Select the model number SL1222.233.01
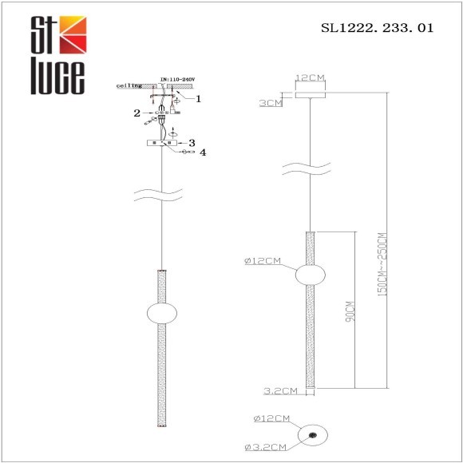377,27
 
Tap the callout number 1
199,99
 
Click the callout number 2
137,113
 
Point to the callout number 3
192,142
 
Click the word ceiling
129,83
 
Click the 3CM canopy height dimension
271,104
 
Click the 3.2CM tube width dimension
280,390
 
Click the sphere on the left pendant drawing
162,314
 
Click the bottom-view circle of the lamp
311,435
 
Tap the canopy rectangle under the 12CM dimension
310,93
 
